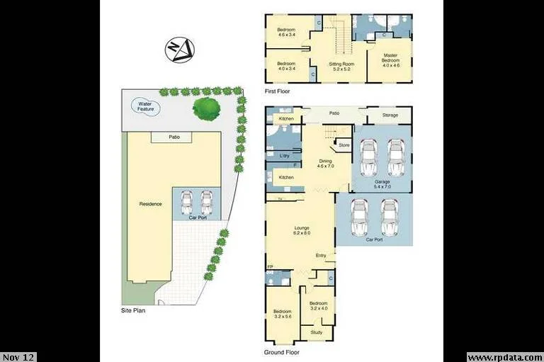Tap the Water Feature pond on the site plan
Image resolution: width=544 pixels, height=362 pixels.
click(149, 107)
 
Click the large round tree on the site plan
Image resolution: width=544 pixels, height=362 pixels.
click(206, 108)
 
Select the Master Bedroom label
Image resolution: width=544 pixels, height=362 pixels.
click(392, 58)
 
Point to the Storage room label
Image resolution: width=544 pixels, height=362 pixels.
click(390, 115)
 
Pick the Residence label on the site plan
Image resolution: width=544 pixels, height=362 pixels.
click(150, 204)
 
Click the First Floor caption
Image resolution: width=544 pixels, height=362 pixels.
click(277, 91)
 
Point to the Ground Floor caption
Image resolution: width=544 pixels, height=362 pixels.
click(283, 352)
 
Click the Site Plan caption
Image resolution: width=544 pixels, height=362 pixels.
click(134, 311)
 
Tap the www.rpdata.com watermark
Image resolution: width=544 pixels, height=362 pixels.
click(504, 357)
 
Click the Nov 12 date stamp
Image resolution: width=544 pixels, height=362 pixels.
click(18, 357)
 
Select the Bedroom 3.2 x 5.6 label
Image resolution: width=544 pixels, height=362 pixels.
click(283, 314)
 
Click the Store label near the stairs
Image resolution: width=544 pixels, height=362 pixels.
click(344, 145)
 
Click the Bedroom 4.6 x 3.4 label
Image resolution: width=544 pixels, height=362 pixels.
click(286, 32)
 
